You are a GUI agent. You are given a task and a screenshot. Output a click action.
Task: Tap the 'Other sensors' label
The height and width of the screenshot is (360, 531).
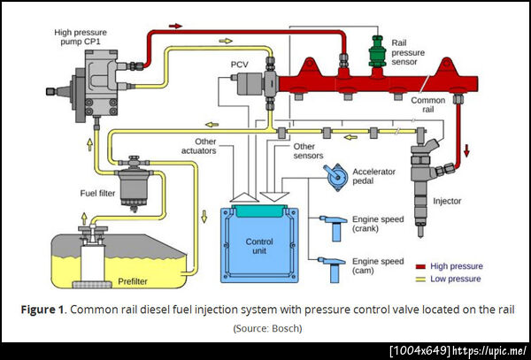pyautogui.click(x=304, y=150)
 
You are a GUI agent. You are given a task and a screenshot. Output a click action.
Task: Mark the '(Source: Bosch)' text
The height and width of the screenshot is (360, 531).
pyautogui.click(x=266, y=328)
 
